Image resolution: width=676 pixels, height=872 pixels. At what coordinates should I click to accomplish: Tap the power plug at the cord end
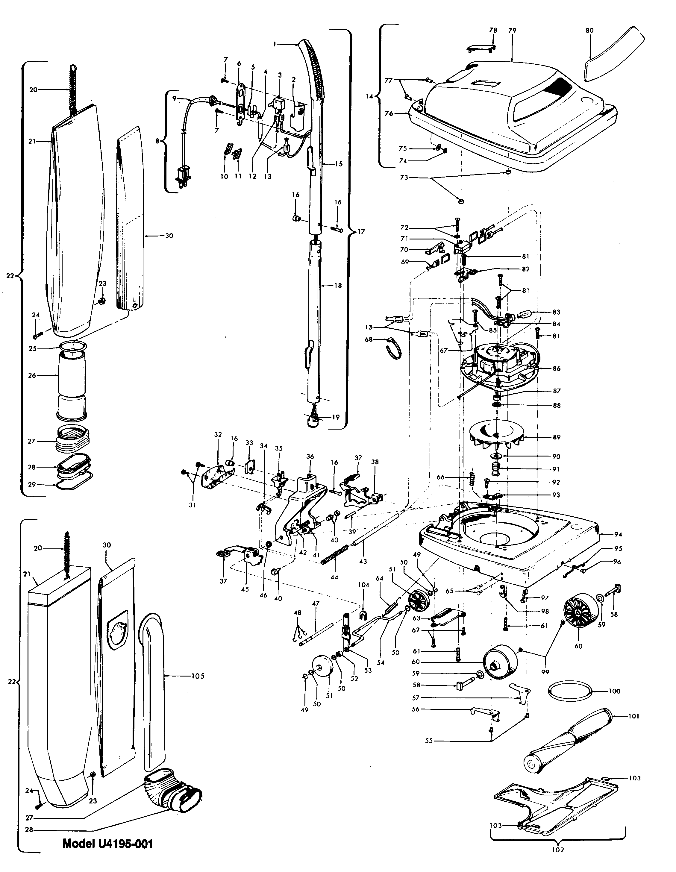tap(183, 176)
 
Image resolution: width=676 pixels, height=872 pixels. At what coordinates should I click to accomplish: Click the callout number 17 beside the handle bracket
tap(361, 231)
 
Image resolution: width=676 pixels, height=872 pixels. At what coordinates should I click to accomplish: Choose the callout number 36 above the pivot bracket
tap(310, 457)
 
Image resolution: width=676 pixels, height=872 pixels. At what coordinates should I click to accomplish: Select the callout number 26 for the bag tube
tap(32, 375)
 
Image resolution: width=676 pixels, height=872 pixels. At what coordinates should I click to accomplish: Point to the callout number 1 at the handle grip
tap(275, 44)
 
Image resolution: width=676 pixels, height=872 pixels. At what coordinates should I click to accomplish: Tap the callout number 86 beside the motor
tap(556, 368)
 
